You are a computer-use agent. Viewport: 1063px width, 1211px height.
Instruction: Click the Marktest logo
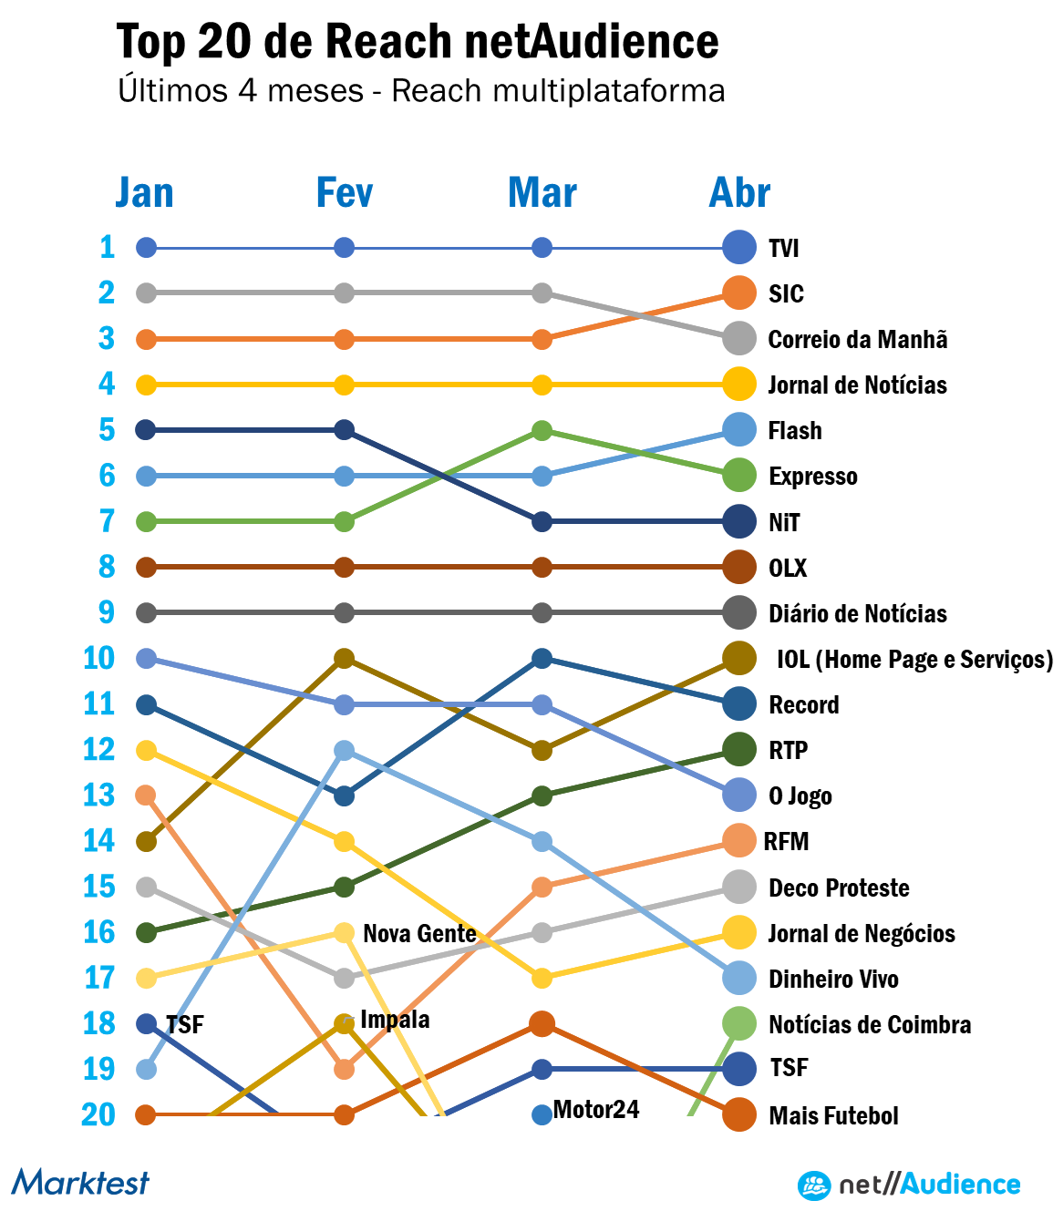pos(80,1183)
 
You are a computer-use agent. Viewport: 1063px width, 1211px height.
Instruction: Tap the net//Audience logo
pos(909,1185)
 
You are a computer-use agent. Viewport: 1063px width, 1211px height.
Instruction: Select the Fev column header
pos(344,193)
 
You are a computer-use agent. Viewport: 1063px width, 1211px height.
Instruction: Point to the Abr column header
pos(739,193)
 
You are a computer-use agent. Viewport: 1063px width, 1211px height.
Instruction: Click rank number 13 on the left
pos(98,795)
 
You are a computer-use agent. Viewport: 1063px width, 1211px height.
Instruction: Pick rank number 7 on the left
pos(107,521)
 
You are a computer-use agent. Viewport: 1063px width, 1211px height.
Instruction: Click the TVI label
pos(784,248)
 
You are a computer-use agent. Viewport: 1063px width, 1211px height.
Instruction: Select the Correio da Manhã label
pos(858,340)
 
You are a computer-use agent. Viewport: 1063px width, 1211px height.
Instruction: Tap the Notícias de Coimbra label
pos(870,1025)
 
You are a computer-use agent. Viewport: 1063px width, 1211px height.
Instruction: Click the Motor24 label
pos(596,1110)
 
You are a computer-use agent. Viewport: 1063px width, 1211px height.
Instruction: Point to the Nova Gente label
pos(419,934)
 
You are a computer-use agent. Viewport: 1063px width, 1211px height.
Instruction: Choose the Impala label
pos(395,1020)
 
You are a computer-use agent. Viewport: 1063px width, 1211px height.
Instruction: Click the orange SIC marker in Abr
pos(739,292)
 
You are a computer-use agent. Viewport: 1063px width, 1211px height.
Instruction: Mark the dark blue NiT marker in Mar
pos(542,522)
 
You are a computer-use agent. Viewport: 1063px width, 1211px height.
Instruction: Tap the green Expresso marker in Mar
pos(542,430)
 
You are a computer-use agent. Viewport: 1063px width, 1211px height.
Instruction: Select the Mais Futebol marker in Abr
pos(739,1114)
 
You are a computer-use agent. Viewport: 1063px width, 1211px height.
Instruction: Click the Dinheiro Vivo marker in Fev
pos(344,751)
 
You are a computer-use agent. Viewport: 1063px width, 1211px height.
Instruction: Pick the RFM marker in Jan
pos(146,795)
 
